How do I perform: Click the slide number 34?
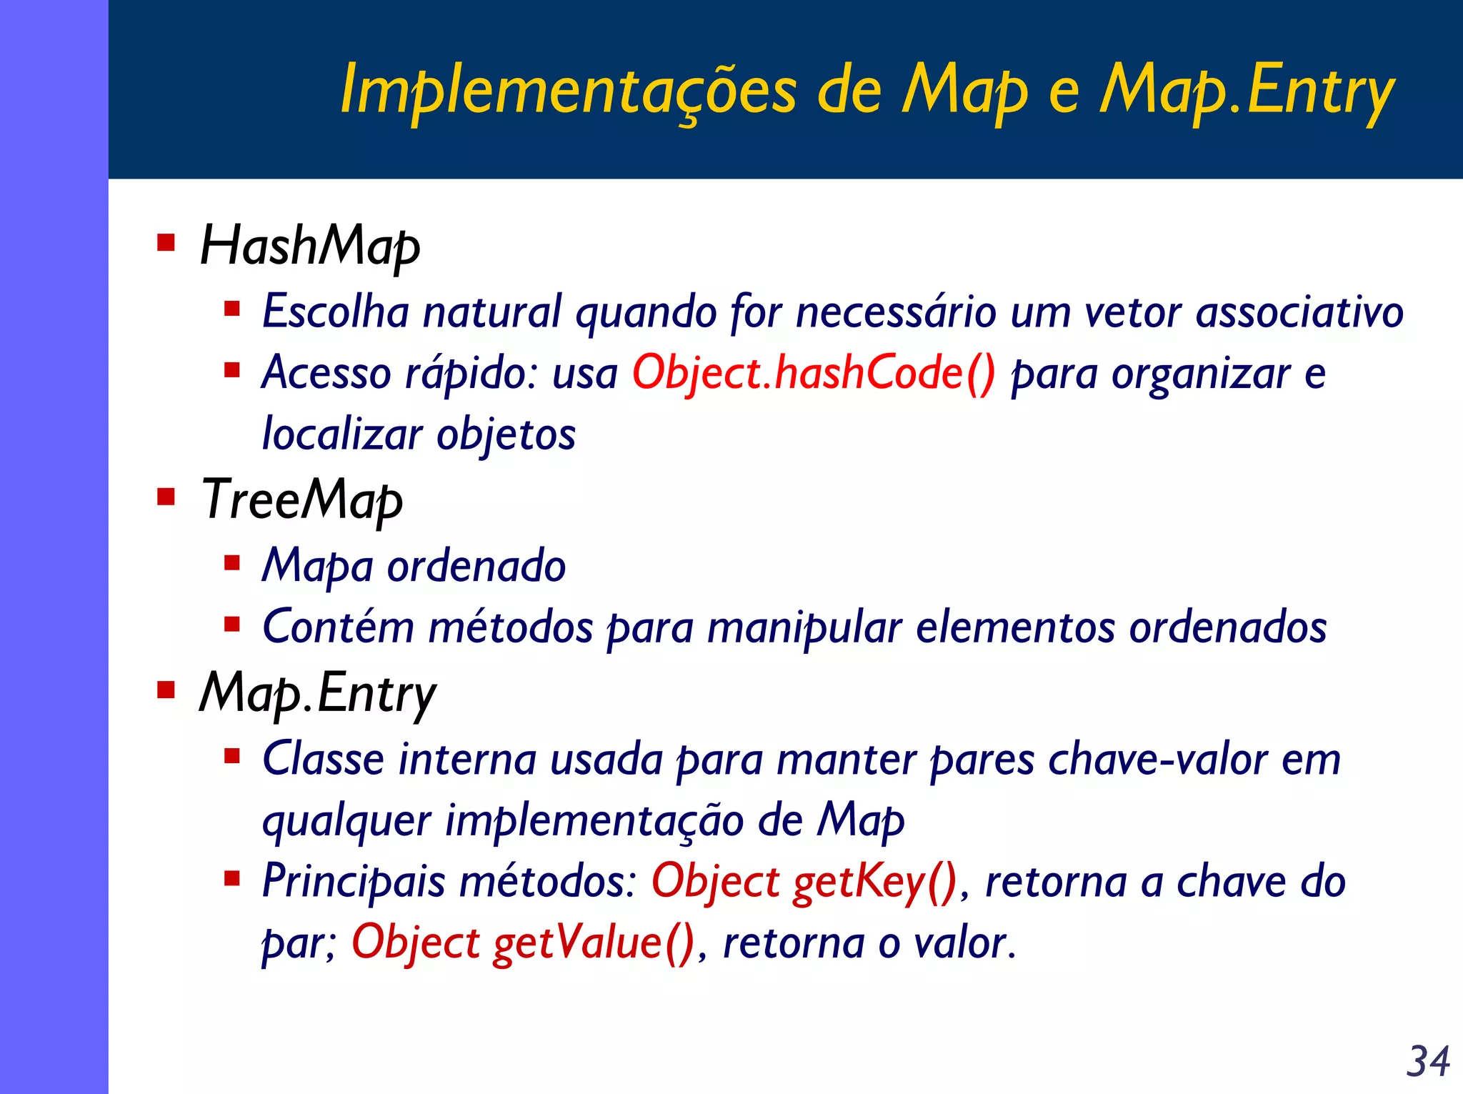point(1427,1061)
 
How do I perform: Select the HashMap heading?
point(310,246)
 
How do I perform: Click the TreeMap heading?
point(301,499)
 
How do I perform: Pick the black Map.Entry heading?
point(317,693)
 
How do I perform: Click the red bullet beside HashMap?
point(166,243)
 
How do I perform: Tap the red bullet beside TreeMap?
point(166,497)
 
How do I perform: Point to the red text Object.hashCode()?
point(813,373)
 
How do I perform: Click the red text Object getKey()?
point(804,881)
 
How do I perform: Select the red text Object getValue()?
point(523,943)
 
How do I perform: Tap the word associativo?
point(1299,312)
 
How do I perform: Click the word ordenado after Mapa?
point(476,566)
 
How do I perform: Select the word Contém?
point(338,627)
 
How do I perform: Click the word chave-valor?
point(1158,759)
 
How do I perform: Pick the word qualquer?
point(347,820)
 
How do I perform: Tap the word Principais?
point(354,881)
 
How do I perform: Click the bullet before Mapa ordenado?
point(231,564)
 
